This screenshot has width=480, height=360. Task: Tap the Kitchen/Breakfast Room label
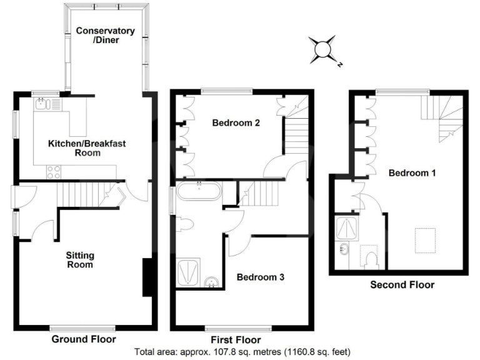tap(87, 148)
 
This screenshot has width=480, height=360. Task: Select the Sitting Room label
tap(80, 260)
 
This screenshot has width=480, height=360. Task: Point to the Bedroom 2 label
tap(236, 123)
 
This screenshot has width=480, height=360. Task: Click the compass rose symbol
tap(325, 50)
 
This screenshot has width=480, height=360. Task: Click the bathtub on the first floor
tap(198, 191)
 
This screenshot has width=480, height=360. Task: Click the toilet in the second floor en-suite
tap(370, 257)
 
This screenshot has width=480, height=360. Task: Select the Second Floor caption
tap(402, 285)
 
